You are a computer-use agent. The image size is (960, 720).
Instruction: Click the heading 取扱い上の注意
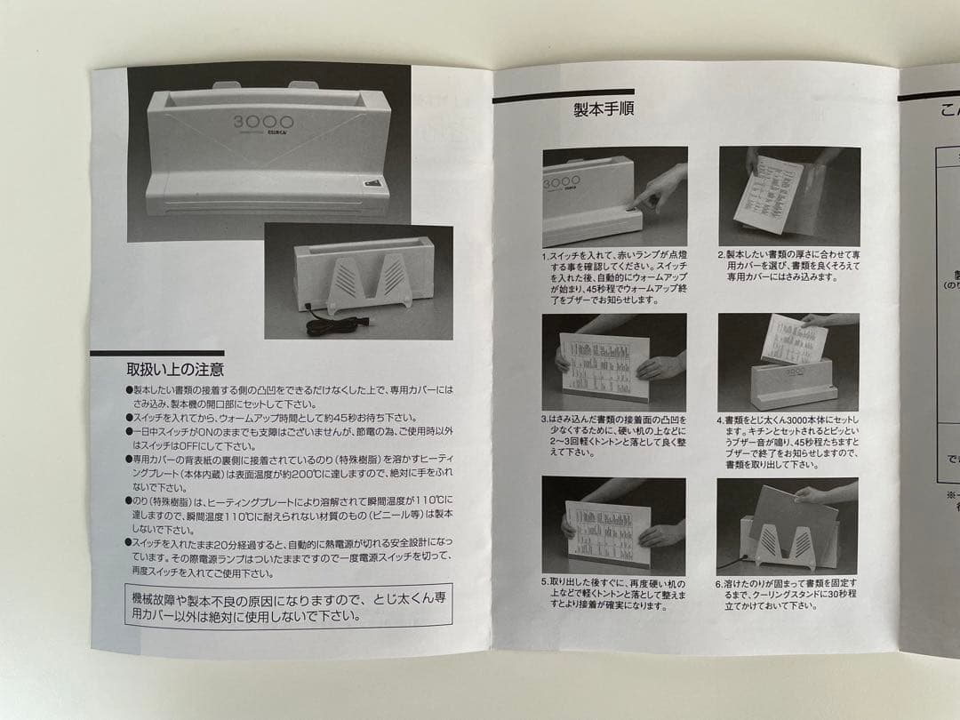174,368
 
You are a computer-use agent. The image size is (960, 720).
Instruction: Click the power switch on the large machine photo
374,188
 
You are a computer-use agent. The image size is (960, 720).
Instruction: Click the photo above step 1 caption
614,196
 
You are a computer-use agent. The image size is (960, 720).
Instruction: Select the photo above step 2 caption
788,196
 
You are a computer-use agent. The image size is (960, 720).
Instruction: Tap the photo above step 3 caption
614,361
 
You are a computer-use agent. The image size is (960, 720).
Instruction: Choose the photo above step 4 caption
788,361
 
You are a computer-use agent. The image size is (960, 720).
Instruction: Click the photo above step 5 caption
614,525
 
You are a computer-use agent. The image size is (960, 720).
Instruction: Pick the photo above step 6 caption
788,525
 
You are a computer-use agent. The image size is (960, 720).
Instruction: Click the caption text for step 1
614,277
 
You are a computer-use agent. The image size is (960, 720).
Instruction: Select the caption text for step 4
788,442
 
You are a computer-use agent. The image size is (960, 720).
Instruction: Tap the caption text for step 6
788,595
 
